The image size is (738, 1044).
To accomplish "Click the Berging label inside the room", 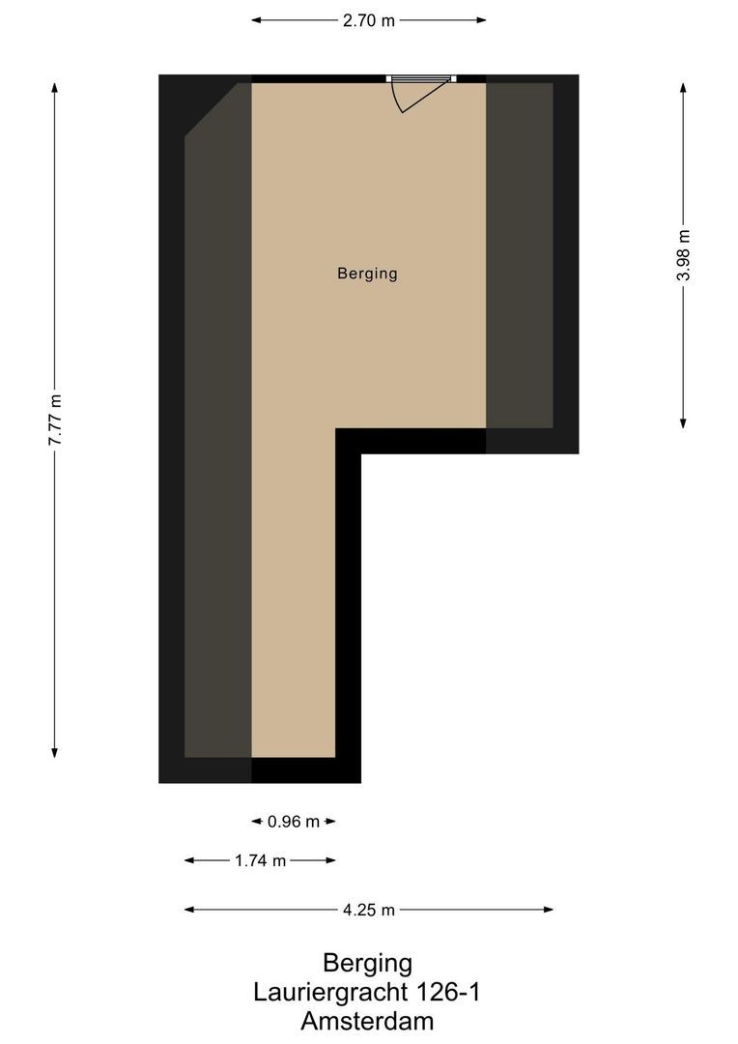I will point(367,274).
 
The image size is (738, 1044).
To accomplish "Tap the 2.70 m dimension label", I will point(368,19).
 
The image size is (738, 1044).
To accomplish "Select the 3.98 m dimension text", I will point(684,255).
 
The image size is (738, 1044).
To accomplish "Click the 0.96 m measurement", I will point(294,822).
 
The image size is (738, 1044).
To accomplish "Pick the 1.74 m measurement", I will point(260,860).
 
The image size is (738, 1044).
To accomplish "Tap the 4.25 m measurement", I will point(368,910).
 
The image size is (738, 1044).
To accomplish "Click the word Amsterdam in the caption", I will point(367,1021).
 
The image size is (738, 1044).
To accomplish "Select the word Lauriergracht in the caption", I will point(330,992).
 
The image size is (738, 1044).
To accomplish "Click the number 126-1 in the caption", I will point(447,992).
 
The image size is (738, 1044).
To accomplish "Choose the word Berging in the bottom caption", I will point(367,963).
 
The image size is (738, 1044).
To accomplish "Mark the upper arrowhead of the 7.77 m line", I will point(55,87).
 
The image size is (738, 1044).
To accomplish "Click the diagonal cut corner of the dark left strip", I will point(212,110).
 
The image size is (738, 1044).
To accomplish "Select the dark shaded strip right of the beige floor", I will point(519,255).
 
